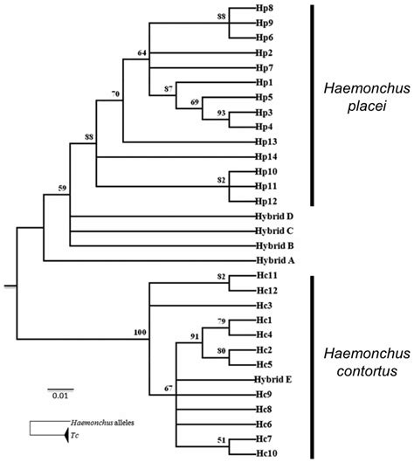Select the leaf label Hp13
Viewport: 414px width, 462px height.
(x=266, y=141)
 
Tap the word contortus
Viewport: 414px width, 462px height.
(x=362, y=373)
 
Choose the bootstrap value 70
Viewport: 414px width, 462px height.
(x=114, y=93)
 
